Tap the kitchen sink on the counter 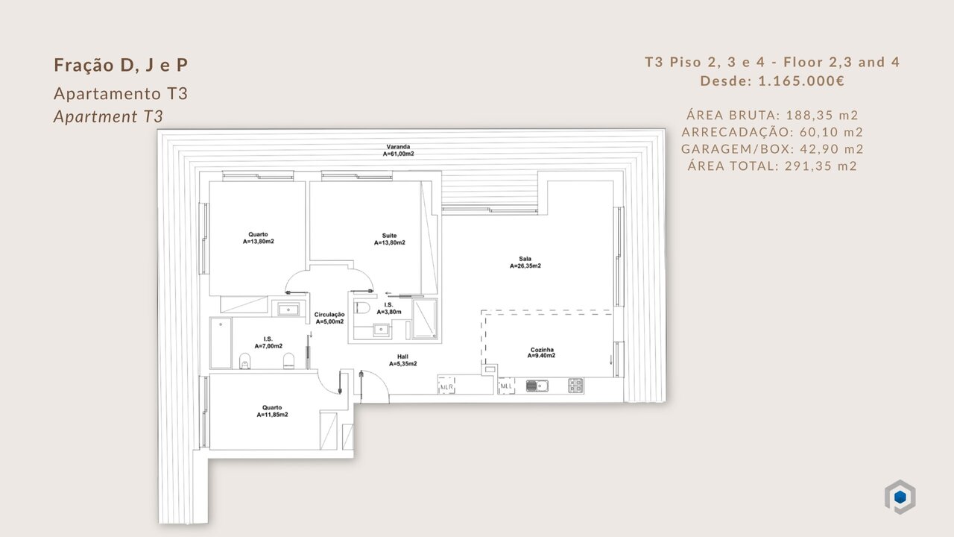(x=537, y=386)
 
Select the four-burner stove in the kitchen (x=575, y=386)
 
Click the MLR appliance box (x=446, y=386)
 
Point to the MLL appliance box (x=506, y=386)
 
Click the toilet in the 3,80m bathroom (x=363, y=307)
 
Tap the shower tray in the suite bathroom (x=425, y=318)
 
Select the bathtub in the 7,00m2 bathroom (x=221, y=342)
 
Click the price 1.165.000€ (x=801, y=81)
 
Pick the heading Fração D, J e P (x=121, y=65)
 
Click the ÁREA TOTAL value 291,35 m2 (x=821, y=166)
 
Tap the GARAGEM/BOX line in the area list (x=772, y=148)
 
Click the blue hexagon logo (x=900, y=497)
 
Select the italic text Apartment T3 (x=108, y=116)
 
